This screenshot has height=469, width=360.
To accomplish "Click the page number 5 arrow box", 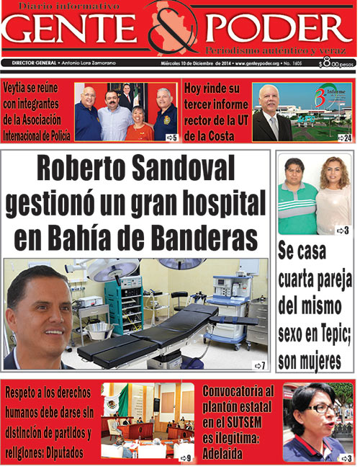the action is point(171,137).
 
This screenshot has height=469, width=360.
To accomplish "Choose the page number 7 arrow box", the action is point(260,365).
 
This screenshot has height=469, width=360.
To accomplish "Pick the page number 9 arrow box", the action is point(186,457).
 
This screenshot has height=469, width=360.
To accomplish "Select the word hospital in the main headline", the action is point(220,202).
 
